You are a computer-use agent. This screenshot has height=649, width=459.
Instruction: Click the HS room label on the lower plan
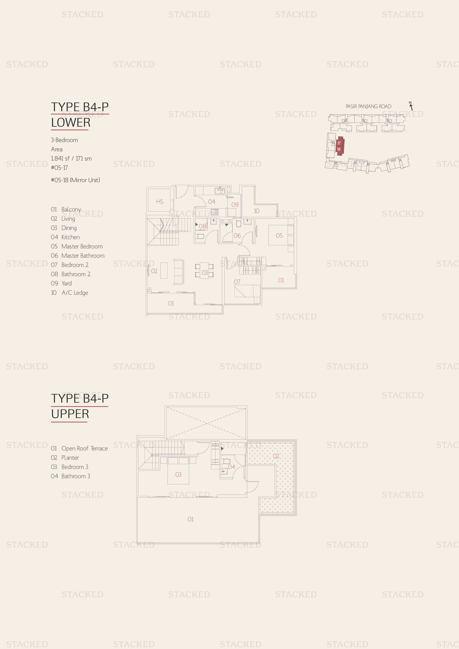click(x=160, y=201)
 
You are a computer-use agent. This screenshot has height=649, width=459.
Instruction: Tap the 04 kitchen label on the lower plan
click(x=212, y=201)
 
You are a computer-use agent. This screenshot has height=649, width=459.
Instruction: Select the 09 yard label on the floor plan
click(x=235, y=205)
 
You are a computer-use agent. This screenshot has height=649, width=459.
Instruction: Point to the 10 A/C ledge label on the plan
click(x=257, y=211)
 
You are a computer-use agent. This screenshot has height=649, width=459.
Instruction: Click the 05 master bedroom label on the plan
click(x=279, y=236)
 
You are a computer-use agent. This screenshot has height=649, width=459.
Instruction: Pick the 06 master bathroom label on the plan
click(x=237, y=236)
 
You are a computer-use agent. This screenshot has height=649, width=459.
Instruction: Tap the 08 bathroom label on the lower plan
click(x=202, y=226)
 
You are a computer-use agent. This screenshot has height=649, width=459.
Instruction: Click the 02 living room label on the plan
click(x=154, y=271)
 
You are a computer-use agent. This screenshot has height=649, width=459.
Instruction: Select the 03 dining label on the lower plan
click(x=205, y=273)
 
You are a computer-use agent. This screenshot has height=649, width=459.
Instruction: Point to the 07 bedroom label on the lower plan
click(x=237, y=282)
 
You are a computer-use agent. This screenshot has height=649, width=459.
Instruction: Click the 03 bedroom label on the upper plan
click(x=178, y=475)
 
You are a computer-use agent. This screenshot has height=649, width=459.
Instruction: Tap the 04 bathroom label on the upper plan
click(x=231, y=467)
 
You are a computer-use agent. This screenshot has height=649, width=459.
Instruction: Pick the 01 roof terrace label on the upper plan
click(x=190, y=519)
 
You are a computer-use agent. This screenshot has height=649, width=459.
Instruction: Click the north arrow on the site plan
click(x=411, y=106)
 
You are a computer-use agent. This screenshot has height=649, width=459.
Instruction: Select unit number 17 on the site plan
click(x=339, y=143)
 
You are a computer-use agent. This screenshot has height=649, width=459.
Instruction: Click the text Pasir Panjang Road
click(x=368, y=107)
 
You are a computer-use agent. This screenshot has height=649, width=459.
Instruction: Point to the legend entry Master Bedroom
click(x=82, y=246)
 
